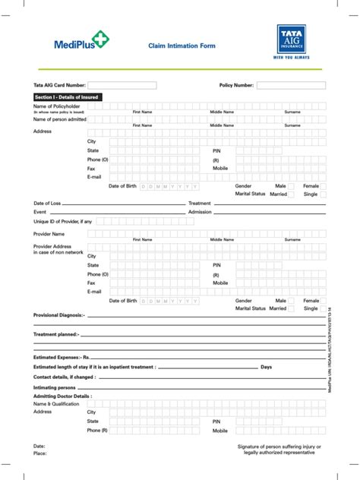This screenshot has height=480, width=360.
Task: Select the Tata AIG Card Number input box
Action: pos(122,86)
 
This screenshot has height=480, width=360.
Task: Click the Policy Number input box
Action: pos(292,86)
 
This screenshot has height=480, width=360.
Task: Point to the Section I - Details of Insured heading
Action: pos(66,97)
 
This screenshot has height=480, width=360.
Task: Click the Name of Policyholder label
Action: pos(53,107)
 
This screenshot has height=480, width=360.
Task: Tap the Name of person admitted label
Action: pos(59,119)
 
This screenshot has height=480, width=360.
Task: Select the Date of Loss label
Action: pos(47,204)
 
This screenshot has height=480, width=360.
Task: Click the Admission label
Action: pos(200,212)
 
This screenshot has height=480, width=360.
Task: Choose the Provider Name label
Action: pos(49,234)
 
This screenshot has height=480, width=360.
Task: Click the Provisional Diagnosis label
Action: pos(59,314)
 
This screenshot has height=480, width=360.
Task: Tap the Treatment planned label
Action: pos(57,333)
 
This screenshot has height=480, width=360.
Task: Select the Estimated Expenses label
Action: pos(62,356)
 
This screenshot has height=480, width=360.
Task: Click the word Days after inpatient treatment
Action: pos(266,367)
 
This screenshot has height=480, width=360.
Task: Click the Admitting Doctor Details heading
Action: pos(62,396)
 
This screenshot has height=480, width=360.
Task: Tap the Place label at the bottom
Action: pos(40,453)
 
